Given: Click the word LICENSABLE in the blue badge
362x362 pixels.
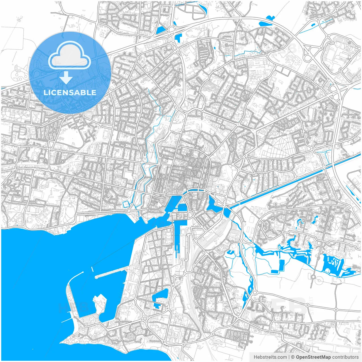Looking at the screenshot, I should pos(70,92).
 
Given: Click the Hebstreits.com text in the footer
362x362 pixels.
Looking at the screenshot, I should pos(270,357).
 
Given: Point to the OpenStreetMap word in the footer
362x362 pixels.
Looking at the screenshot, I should pos(313,357).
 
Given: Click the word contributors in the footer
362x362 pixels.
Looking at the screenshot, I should pos(345,357).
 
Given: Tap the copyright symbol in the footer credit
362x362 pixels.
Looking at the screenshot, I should pos(293,357).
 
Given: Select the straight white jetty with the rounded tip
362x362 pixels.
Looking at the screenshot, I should pos(110,273).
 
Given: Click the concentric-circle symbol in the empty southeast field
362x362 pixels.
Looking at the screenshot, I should pos(319,280).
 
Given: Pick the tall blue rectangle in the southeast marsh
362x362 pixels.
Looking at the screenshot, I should pos(282,264).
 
